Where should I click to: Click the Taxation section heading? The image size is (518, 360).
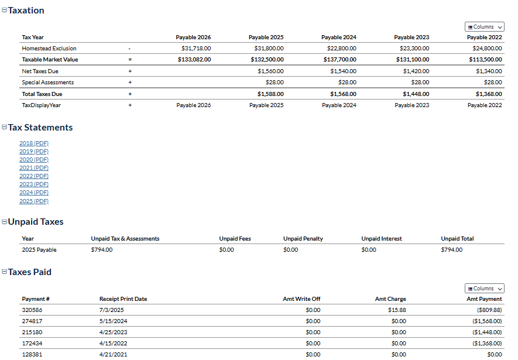tap(26, 11)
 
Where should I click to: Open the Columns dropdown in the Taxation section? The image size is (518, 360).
tap(485, 27)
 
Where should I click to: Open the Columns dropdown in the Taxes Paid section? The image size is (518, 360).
tap(485, 289)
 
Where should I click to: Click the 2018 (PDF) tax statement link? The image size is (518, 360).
tap(34, 143)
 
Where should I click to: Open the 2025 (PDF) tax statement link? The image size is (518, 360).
tap(34, 201)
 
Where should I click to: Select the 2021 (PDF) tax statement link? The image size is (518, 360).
tap(34, 167)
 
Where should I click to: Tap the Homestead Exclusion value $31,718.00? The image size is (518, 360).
tap(196, 49)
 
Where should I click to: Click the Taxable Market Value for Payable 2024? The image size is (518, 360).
tap(339, 60)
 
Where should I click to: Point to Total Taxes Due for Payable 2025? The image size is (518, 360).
tap(270, 94)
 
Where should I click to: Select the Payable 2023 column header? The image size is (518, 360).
tap(411, 37)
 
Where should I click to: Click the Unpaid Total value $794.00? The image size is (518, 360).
tap(451, 250)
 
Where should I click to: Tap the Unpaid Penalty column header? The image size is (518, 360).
tap(303, 239)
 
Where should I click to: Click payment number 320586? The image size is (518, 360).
tap(32, 310)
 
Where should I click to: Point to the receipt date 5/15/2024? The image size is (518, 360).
tap(113, 321)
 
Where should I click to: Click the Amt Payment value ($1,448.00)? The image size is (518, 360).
tap(487, 332)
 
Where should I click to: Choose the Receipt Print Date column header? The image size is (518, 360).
tap(123, 299)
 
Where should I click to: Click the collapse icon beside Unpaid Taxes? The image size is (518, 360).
tap(4, 222)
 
